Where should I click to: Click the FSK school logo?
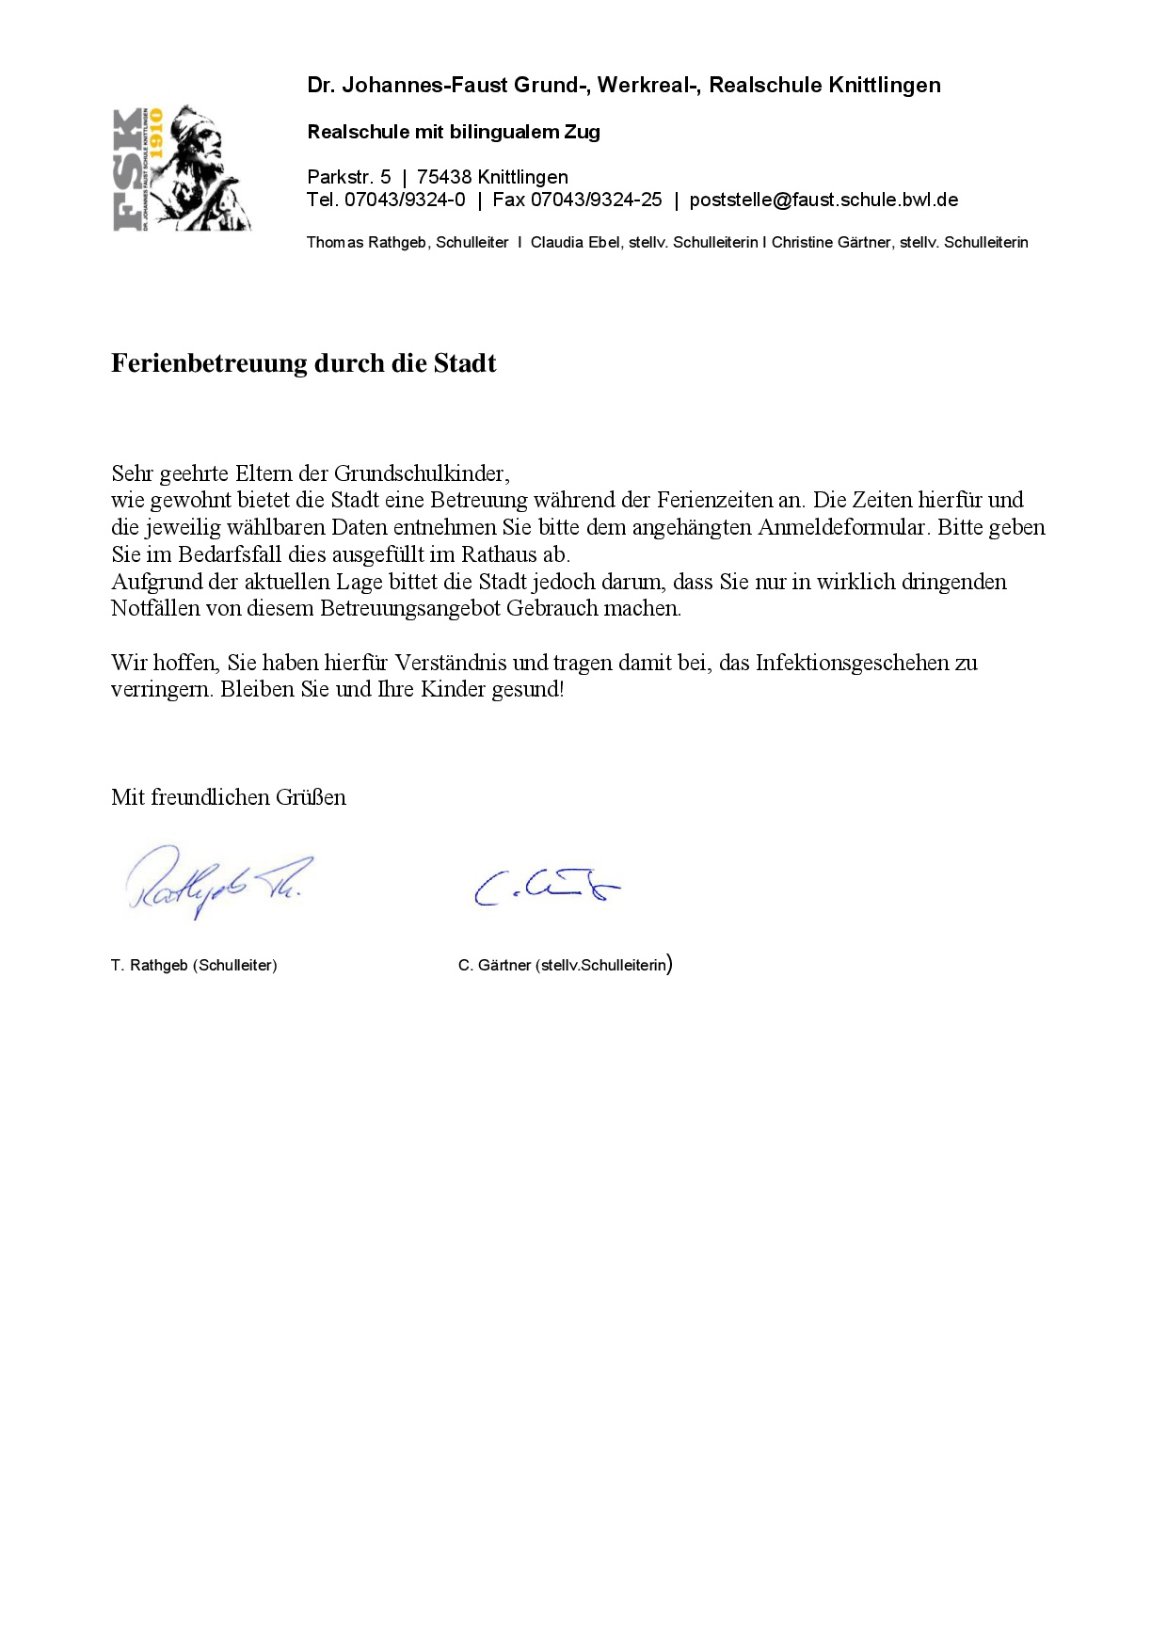pyautogui.click(x=182, y=169)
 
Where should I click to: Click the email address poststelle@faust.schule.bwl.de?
pyautogui.click(x=823, y=200)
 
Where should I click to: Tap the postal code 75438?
pyautogui.click(x=444, y=178)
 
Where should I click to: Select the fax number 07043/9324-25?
pyautogui.click(x=597, y=200)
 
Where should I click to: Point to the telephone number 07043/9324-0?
pyautogui.click(x=405, y=200)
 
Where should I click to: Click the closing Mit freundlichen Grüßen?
pyautogui.click(x=229, y=798)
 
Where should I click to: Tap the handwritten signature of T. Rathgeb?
pyautogui.click(x=217, y=881)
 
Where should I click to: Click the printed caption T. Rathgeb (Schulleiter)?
pyautogui.click(x=194, y=966)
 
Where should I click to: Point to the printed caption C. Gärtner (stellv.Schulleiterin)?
pyautogui.click(x=565, y=966)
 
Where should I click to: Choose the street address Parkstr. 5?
pyautogui.click(x=349, y=178)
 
